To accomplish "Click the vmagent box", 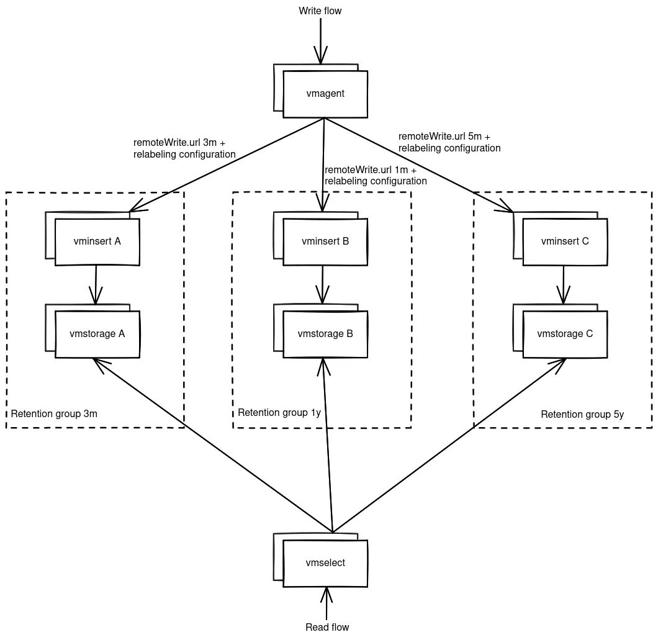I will pos(325,94).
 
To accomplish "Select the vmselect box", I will pos(325,563).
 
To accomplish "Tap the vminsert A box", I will pos(97,241).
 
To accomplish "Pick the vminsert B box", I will pos(325,241).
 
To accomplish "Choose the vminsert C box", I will pos(565,241).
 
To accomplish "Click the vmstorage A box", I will pos(97,334).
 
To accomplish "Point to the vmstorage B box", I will pos(325,334).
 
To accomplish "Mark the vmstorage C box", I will pos(565,334).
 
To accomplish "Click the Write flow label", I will pos(320,11).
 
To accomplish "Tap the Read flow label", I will pos(327,627).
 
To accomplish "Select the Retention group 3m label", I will pos(54,413).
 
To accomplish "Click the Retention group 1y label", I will pos(279,413).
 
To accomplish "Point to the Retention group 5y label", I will pos(582,415).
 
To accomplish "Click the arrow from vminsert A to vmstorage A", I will pos(96,284).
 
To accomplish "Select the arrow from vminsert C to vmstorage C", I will pos(563,284).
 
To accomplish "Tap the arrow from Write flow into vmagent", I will pos(320,40).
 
